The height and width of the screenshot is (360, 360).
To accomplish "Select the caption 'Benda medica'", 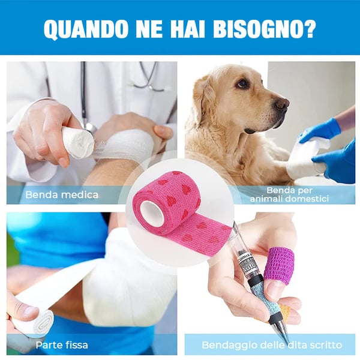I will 62,194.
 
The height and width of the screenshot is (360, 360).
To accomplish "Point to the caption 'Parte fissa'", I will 62,345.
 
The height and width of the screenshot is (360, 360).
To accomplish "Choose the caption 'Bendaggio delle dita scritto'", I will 272,345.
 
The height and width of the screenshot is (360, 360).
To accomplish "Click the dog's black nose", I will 282,104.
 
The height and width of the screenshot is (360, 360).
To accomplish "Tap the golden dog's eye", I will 243,84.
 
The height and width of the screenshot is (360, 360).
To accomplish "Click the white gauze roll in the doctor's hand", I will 78,143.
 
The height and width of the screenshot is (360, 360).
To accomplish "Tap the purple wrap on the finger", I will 278,264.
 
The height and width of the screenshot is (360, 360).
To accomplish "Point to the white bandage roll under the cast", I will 33,324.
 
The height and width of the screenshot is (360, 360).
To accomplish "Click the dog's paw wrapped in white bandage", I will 306,159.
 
